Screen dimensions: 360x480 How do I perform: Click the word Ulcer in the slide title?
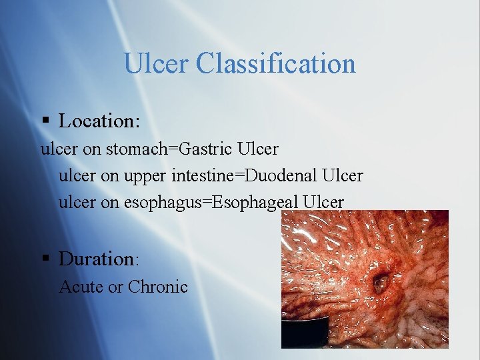tap(157, 64)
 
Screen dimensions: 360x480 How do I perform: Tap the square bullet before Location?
tap(45, 121)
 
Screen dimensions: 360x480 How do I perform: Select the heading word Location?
tap(99, 121)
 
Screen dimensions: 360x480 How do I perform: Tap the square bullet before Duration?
tap(45, 259)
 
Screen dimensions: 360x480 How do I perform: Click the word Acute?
tap(81, 287)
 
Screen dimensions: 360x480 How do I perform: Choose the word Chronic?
tap(158, 287)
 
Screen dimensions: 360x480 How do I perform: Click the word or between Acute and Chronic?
tap(115, 287)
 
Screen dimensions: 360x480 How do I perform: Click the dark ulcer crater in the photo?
tap(380, 285)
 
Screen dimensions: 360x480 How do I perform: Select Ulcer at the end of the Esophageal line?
tap(323, 202)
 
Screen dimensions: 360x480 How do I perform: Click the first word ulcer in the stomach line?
tap(59, 149)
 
